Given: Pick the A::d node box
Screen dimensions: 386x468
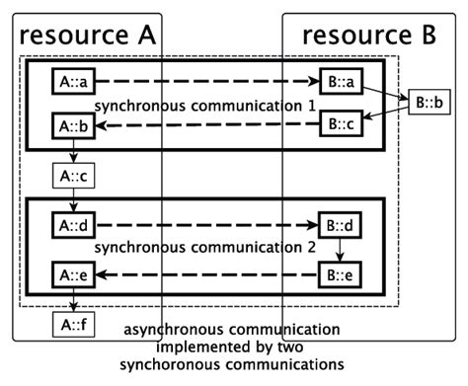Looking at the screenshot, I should pos(72,226).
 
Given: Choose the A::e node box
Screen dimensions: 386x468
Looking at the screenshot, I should pos(72,273).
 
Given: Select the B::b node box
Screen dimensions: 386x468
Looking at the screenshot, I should pos(430,101).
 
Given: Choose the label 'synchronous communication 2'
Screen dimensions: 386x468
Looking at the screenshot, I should pos(205,248).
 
